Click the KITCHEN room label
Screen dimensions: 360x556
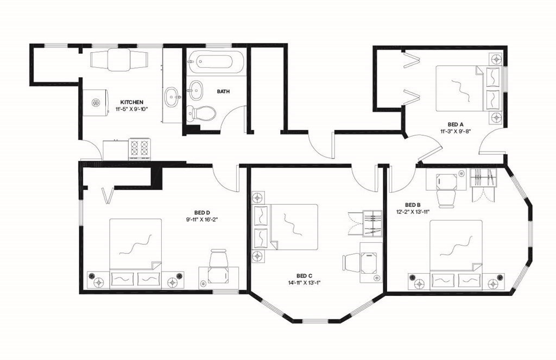[131, 102]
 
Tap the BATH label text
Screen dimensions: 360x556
[223, 92]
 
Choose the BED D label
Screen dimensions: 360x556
[202, 212]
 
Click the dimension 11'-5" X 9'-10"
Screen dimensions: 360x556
[131, 109]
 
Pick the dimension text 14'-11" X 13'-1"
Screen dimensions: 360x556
[305, 282]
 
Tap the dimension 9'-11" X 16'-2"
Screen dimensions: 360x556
[202, 219]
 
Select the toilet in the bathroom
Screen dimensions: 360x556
[202, 113]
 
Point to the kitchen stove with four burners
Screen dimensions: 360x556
[138, 148]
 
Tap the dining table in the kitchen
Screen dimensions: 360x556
[118, 59]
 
